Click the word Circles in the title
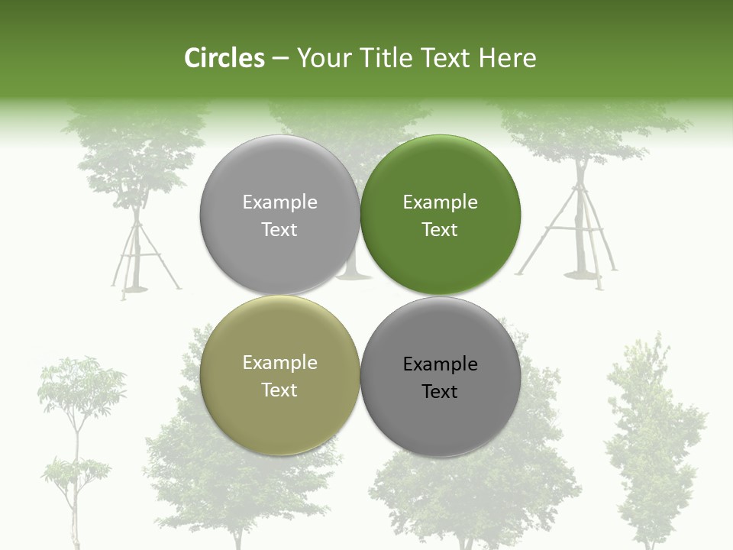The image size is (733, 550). (x=224, y=58)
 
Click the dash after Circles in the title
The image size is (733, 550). (x=280, y=58)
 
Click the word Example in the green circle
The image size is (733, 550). (x=440, y=202)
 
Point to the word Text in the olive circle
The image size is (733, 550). (x=279, y=390)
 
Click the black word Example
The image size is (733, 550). (x=440, y=364)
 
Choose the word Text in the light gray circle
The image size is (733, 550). (x=279, y=229)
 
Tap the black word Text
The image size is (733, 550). (x=440, y=392)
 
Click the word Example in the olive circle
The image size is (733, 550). (x=279, y=363)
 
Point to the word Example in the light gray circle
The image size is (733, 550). (x=279, y=202)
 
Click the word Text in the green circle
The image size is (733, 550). (x=440, y=229)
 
